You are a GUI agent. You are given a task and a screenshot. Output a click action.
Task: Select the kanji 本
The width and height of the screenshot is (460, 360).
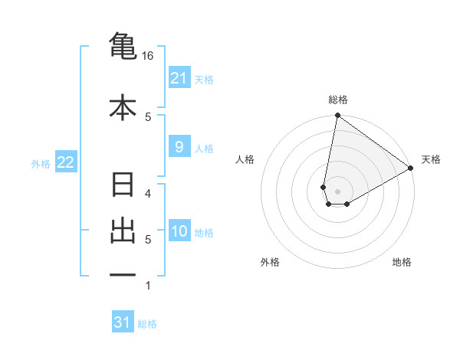click(123, 107)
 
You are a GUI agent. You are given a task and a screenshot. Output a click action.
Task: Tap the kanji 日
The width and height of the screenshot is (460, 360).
click(123, 186)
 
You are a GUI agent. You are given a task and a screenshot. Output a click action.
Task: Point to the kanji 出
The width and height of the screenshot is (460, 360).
click(123, 231)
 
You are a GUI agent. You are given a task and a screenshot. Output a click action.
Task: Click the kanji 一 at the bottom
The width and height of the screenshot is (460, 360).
click(123, 274)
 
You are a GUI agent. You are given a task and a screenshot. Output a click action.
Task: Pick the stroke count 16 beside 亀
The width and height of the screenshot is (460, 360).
click(148, 57)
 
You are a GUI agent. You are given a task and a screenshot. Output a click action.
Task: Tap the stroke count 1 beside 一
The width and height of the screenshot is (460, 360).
click(149, 285)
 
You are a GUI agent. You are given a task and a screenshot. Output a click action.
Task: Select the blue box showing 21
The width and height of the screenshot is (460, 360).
click(179, 78)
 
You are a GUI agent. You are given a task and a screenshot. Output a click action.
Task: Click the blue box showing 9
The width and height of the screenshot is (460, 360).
click(179, 147)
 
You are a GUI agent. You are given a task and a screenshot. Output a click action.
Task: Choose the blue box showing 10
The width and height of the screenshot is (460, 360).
click(179, 232)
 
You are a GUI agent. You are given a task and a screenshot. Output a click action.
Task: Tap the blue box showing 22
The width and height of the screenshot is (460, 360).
click(66, 162)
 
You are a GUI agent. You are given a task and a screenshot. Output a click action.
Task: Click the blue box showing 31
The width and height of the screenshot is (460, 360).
click(123, 322)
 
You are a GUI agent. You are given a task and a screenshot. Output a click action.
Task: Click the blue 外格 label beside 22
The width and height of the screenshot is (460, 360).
click(41, 163)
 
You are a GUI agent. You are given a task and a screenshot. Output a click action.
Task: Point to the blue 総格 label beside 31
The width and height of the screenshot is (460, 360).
click(147, 324)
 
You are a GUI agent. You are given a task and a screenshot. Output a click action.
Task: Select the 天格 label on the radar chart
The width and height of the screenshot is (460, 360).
click(431, 159)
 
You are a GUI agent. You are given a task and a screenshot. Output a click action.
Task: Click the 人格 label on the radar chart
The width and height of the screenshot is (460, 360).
click(245, 159)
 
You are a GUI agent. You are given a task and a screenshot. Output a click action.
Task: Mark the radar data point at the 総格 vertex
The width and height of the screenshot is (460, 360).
click(337, 116)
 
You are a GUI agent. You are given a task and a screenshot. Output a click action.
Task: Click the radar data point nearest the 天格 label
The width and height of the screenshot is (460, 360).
click(411, 169)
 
